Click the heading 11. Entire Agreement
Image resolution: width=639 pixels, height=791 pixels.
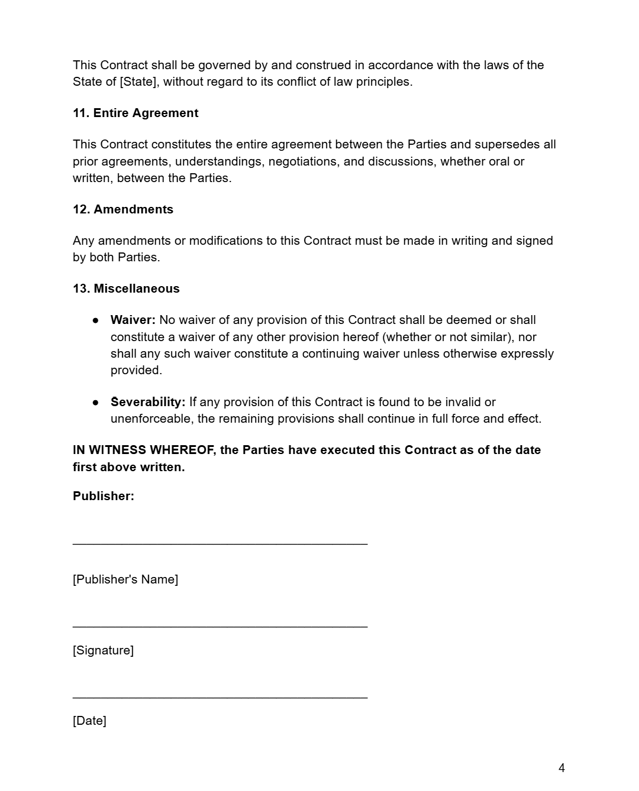135,113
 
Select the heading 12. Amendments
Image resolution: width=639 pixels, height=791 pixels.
123,209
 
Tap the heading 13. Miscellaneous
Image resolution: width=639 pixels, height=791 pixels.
126,288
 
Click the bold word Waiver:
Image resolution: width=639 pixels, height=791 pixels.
133,320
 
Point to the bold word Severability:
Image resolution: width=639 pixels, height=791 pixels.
148,402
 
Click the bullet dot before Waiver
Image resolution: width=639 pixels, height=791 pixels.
95,320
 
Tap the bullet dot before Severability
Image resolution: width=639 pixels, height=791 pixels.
95,402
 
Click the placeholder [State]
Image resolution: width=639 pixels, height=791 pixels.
138,82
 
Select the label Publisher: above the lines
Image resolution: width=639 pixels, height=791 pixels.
104,496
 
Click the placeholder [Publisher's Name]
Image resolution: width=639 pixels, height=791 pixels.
125,579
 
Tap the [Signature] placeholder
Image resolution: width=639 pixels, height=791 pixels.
103,650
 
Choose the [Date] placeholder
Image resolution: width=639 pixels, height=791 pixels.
89,721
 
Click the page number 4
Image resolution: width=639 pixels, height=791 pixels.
561,768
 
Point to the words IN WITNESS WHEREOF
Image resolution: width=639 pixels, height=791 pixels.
143,450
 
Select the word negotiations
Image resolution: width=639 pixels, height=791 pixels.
304,161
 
